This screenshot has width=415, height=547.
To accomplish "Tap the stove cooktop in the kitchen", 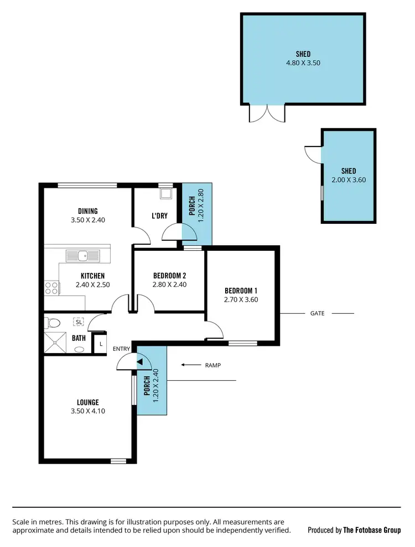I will tap(51, 287).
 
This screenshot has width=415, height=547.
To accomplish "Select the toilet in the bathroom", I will tap(53, 323).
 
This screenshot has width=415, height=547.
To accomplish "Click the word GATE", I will tap(317, 313).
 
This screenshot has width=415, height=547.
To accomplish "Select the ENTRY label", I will tap(121, 349).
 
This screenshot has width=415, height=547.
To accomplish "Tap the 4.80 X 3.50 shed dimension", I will tap(303, 63).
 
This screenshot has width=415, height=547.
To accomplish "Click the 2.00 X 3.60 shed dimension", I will tap(349, 180).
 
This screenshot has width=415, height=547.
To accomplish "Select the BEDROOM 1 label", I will tap(241, 291).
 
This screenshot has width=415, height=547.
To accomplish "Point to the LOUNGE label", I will tap(88, 402).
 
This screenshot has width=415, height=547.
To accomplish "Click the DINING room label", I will tap(88, 211).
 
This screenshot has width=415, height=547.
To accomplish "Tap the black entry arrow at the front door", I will tap(139, 362).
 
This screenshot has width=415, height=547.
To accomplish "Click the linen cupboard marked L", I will tap(100, 344).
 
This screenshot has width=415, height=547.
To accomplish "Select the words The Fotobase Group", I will tap(372, 530).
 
